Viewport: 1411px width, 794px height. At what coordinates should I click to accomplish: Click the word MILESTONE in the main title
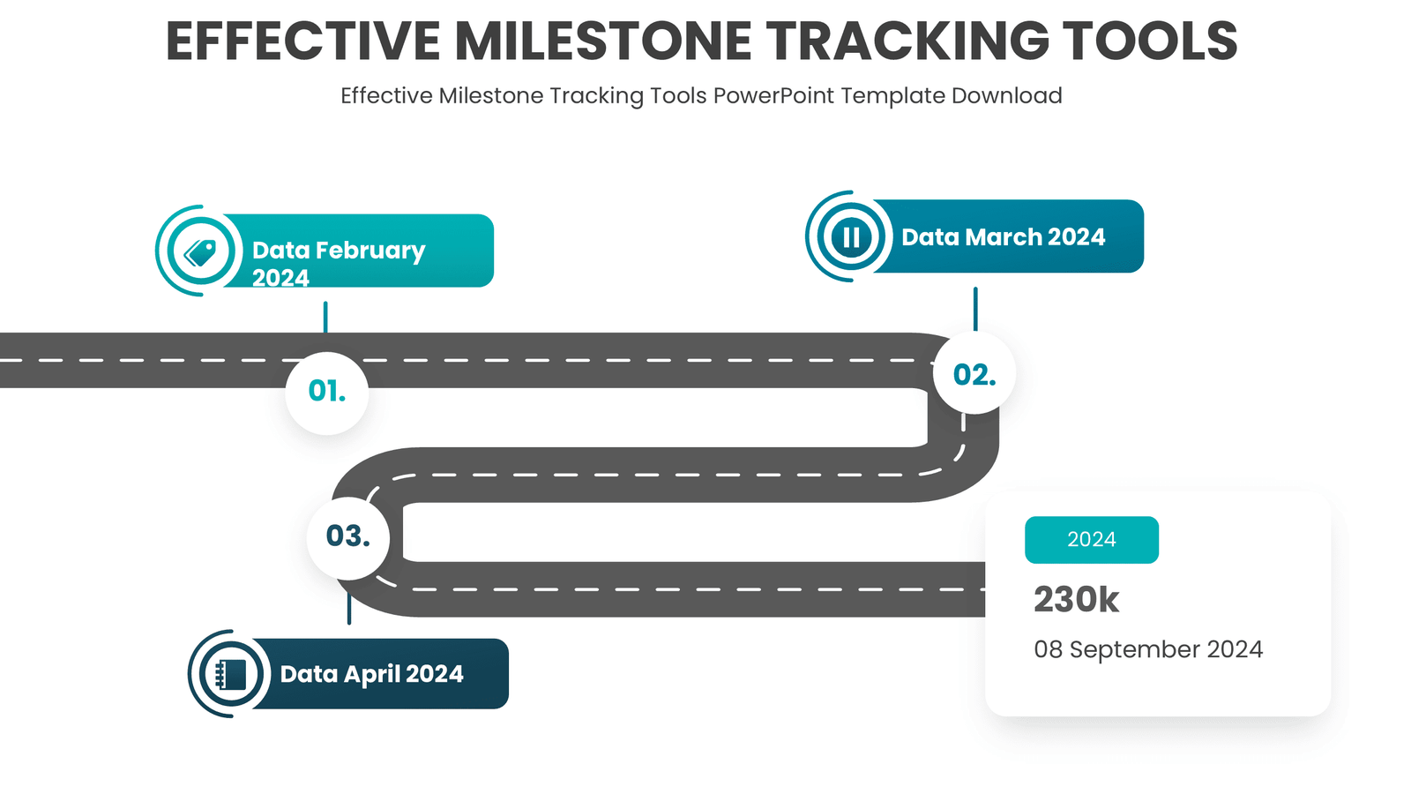603,41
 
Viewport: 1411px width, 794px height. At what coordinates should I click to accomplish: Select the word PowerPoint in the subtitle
774,96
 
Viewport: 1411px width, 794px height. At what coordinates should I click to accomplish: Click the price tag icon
201,252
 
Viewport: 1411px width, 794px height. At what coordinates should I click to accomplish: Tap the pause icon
851,237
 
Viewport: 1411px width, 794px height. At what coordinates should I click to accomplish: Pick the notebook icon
230,675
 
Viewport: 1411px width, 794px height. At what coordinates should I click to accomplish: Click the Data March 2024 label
1003,237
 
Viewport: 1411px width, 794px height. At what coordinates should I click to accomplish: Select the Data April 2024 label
371,674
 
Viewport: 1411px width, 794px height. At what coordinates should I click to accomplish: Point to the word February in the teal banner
370,251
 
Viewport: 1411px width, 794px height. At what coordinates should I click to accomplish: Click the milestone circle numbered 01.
326,393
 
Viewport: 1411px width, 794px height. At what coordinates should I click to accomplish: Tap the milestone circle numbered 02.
974,373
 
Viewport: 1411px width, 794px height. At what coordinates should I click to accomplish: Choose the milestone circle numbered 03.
348,538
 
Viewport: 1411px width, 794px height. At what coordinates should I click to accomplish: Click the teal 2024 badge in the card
1092,540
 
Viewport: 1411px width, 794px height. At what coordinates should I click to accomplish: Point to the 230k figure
1076,599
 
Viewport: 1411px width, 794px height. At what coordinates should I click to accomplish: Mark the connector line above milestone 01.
325,317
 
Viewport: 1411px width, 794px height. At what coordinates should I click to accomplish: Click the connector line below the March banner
975,309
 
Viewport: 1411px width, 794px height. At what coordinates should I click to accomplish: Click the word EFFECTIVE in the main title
303,41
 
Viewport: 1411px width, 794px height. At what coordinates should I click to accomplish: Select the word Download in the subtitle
1006,96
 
